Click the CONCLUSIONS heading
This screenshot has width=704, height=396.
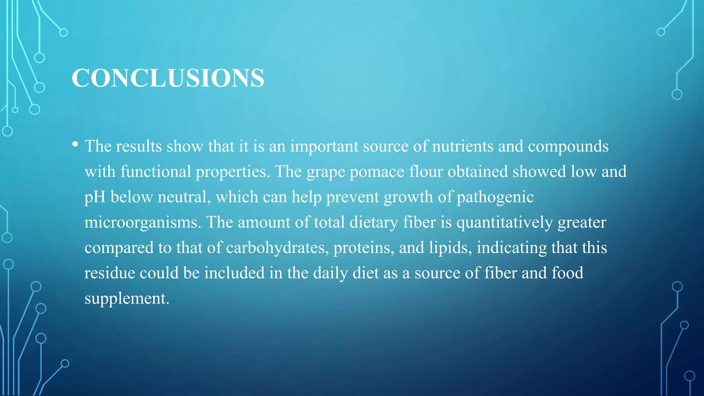[x=168, y=78]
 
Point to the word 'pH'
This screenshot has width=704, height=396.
[x=95, y=197]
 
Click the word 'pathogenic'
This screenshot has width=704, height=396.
[x=495, y=197]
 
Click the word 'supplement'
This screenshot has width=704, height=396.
[x=126, y=298]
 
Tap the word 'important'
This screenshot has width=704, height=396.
[x=324, y=146]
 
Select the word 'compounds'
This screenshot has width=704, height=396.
[x=568, y=146]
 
